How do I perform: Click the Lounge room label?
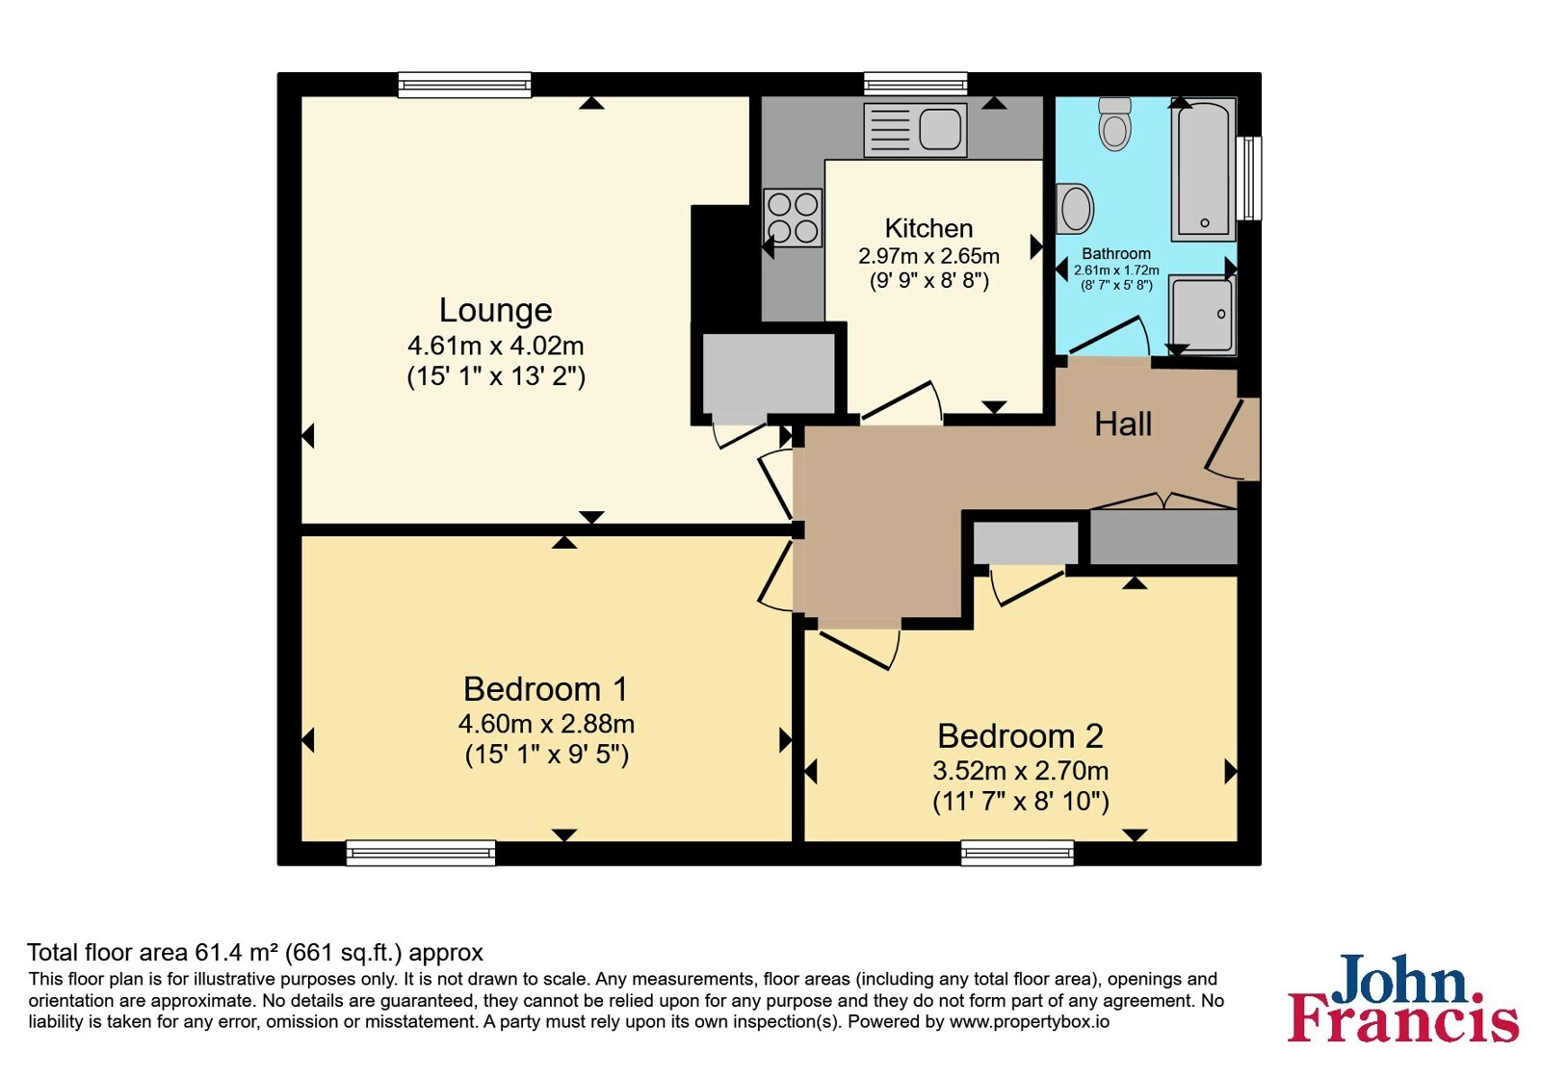[x=495, y=310]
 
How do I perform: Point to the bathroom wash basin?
[x=1075, y=208]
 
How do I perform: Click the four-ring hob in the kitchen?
[x=794, y=218]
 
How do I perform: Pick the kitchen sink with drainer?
[x=915, y=130]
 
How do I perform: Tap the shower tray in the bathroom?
[x=1203, y=315]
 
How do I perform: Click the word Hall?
[x=1123, y=424]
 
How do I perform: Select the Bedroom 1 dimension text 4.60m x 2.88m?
[x=546, y=724]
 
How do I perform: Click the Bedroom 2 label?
[x=1020, y=736]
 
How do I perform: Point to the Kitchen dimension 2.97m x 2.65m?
[x=928, y=256]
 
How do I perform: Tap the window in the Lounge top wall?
[x=465, y=85]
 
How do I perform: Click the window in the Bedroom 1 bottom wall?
[x=421, y=853]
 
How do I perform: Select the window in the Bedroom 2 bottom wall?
[x=1017, y=853]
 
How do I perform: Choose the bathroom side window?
[x=1249, y=178]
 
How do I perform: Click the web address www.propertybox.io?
[x=1030, y=1021]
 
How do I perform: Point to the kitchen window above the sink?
[x=916, y=84]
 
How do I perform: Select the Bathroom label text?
[x=1116, y=254]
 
